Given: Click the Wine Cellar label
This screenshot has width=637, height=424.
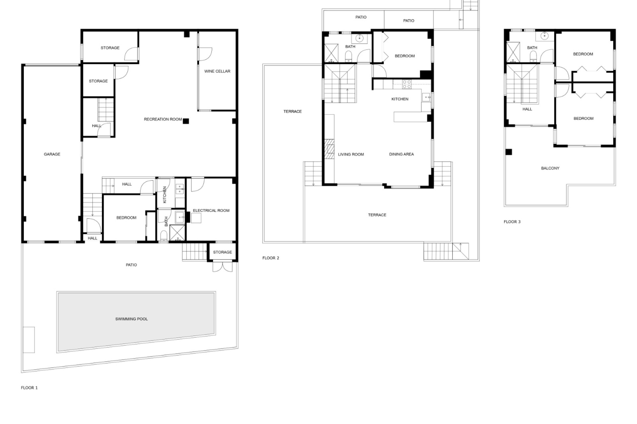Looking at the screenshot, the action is coord(217,71).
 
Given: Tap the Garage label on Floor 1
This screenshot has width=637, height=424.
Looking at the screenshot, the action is coord(52,154).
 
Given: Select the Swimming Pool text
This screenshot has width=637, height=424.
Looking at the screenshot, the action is coord(131,319).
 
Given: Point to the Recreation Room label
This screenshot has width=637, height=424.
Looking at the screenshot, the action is coord(163,119).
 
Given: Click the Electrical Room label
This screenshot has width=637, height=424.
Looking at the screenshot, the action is coord(211,210).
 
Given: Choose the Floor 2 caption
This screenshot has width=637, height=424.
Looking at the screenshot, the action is coord(271,258).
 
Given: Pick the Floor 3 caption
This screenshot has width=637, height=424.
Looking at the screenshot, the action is coord(512,222).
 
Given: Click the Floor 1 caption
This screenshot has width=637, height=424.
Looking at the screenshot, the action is coord(29,388).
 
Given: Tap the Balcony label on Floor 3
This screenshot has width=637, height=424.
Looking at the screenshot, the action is coord(550,168).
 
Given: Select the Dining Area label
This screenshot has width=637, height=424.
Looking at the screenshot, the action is coord(401,154).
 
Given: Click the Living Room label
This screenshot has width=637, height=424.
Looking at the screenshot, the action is coord(351,154).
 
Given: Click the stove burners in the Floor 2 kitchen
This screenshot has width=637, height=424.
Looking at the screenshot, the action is coord(407,84).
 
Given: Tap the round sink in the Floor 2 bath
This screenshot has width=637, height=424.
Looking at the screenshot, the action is coord(359,38).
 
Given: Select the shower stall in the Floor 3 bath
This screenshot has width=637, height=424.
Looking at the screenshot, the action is coord(513,52).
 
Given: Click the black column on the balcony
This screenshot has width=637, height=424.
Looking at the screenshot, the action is coord(509,152).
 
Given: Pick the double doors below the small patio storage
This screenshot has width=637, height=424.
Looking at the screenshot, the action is coord(222,267).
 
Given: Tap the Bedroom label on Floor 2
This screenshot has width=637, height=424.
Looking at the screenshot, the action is coord(404,56).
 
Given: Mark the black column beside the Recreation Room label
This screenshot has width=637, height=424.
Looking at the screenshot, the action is coord(186,121).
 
